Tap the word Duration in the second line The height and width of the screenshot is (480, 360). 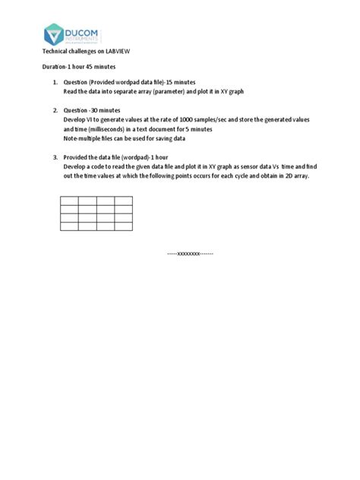[55, 68]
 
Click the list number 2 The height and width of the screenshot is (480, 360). [55, 110]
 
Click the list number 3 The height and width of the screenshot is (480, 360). [55, 157]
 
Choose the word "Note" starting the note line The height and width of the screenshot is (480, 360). [71, 137]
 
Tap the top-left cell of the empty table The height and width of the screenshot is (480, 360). [69, 201]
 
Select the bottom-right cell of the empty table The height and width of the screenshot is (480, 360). [124, 226]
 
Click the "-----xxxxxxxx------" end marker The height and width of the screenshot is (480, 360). [190, 253]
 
